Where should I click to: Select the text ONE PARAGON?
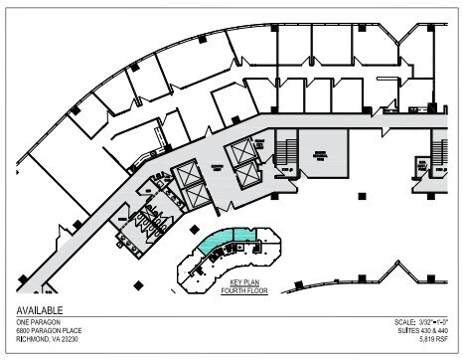tap(35, 322)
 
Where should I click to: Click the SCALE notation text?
tap(422, 322)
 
